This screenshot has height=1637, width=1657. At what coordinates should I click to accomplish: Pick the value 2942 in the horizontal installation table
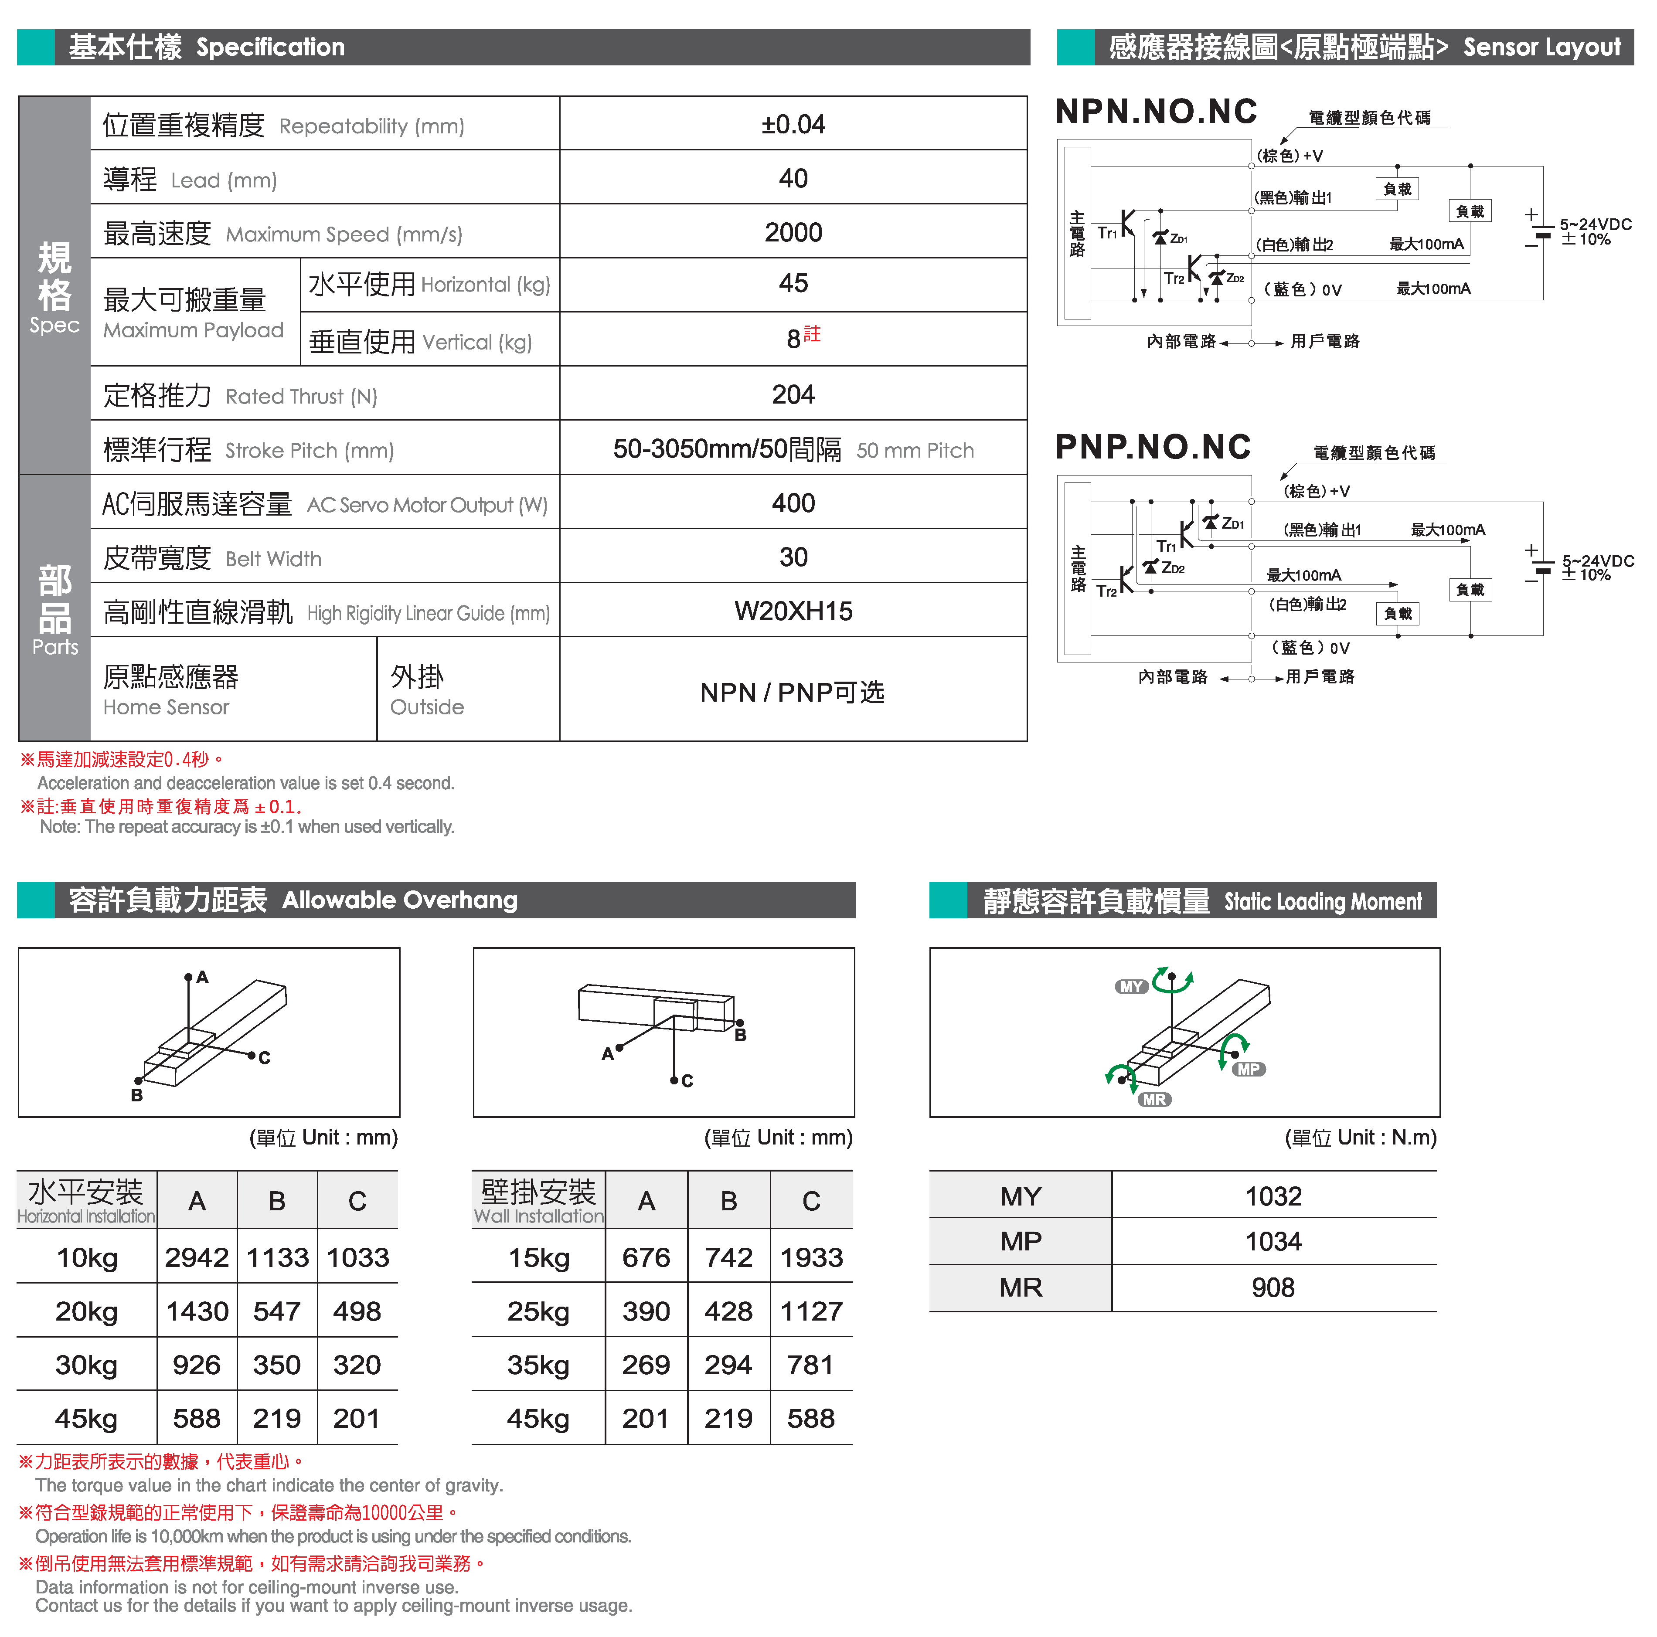point(197,1257)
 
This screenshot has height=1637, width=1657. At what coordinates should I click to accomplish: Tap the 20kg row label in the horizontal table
point(87,1311)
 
